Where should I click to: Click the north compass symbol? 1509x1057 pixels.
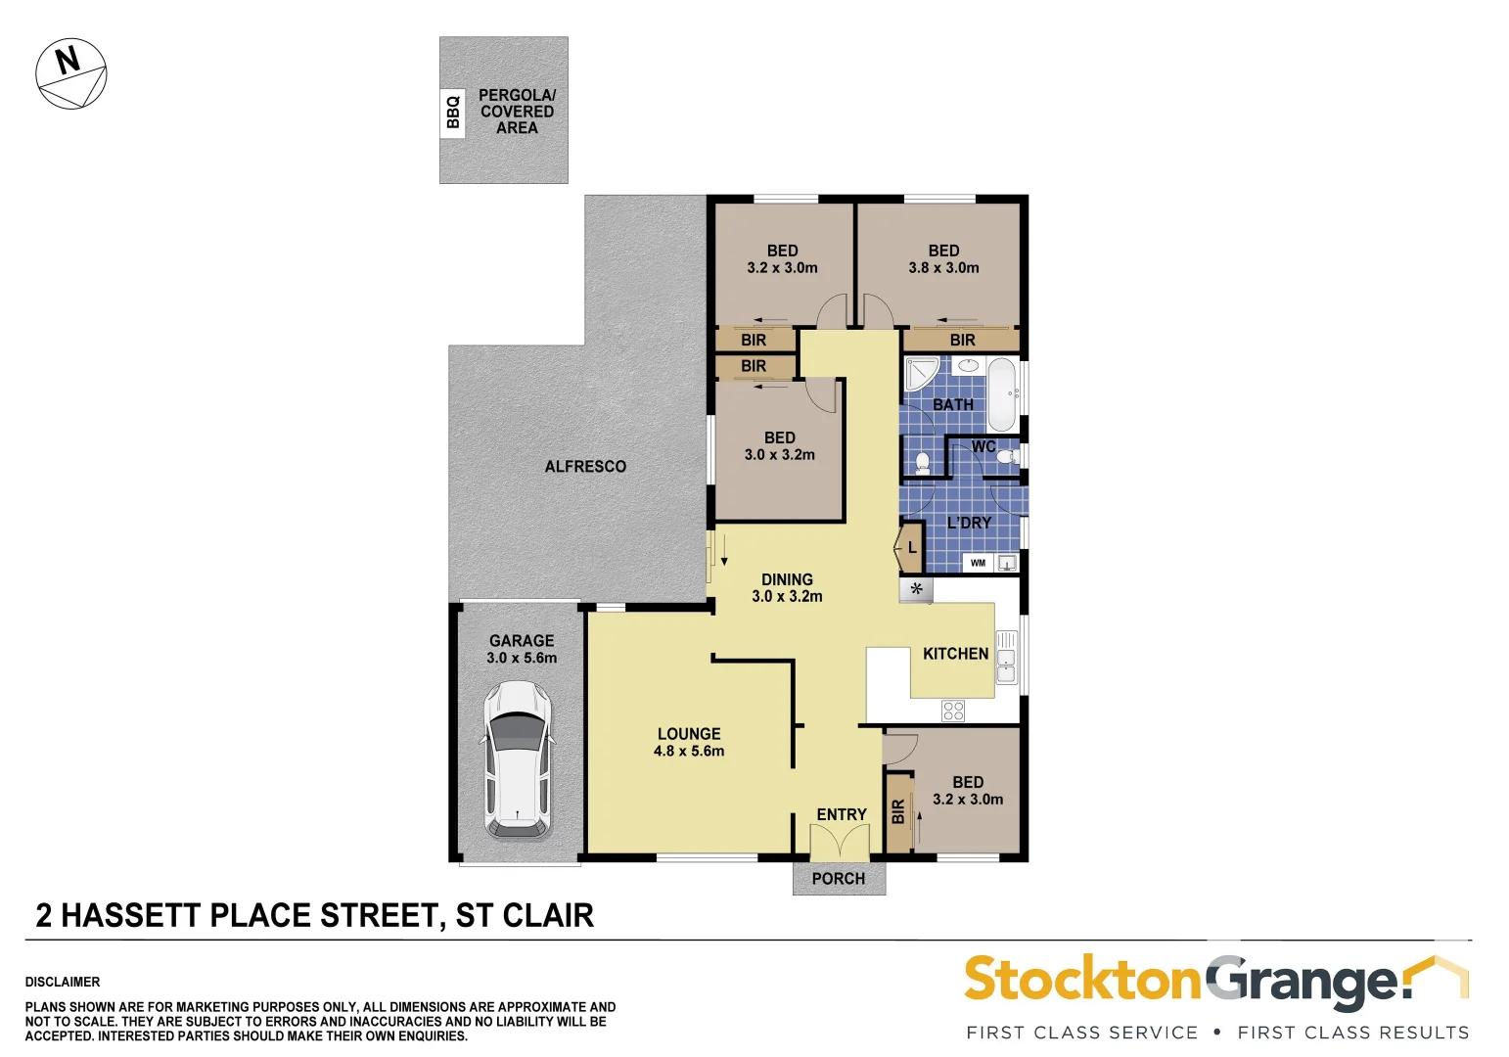[x=70, y=73]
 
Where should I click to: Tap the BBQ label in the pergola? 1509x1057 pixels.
[x=452, y=112]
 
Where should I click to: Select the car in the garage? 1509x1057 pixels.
[x=518, y=760]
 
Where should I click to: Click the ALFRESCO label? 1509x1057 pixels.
[x=585, y=467]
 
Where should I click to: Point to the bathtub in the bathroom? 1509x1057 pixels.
[x=1001, y=394]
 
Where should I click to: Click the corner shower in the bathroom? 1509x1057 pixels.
[x=920, y=375]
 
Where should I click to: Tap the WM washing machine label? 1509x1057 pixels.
[x=978, y=563]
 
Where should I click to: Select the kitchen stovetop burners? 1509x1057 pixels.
[x=953, y=711]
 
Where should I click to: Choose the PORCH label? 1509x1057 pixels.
[x=839, y=879]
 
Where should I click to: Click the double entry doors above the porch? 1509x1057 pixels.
[x=840, y=843]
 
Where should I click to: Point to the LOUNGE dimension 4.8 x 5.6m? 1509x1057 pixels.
[x=689, y=752]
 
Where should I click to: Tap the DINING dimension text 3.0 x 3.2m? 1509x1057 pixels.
[x=787, y=596]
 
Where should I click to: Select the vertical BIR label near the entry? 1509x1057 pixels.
[x=898, y=811]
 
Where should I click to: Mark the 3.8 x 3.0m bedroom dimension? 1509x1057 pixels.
[x=943, y=268]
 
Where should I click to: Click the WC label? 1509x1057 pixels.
[x=983, y=447]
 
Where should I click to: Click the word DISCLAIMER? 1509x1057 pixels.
[x=63, y=982]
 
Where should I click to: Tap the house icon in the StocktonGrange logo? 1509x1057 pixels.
[x=1438, y=975]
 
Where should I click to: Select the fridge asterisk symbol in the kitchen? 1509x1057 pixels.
[x=917, y=589]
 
